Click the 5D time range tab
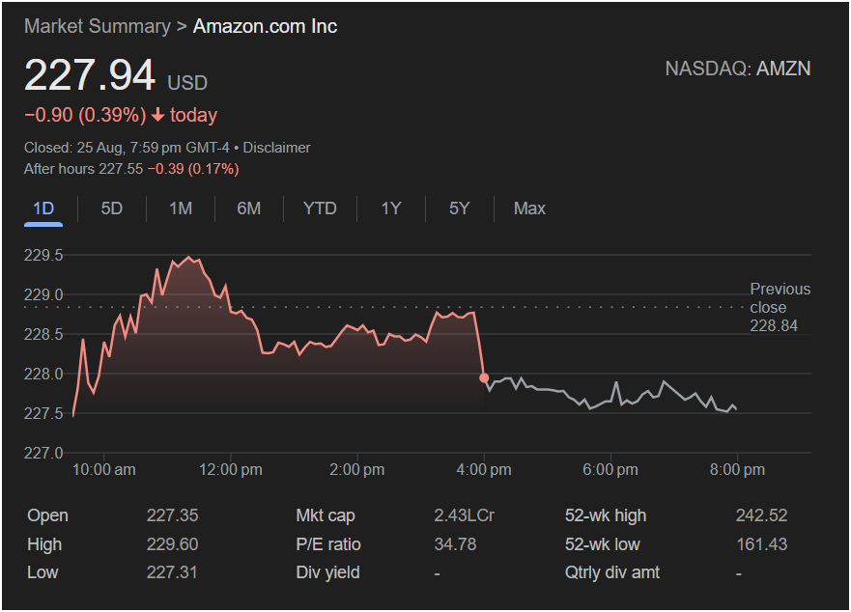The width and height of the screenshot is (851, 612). click(112, 209)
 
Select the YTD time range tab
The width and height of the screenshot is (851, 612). click(320, 209)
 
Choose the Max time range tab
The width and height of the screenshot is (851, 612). click(529, 209)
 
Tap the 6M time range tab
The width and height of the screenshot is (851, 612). click(249, 209)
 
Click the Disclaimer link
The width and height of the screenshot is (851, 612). click(276, 148)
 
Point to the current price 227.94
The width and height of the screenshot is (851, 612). click(90, 76)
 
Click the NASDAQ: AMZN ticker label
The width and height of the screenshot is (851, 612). click(738, 69)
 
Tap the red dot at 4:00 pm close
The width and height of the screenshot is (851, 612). click(484, 377)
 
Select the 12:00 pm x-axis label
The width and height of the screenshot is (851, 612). click(232, 470)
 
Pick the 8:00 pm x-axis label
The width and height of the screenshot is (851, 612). click(738, 470)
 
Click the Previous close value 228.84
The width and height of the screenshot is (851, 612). click(774, 326)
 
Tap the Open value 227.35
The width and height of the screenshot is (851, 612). click(172, 515)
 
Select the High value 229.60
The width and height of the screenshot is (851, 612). click(172, 544)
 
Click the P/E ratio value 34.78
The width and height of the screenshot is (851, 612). click(455, 544)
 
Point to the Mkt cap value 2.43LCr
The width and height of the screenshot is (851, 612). click(464, 515)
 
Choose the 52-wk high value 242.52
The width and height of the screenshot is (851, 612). click(761, 515)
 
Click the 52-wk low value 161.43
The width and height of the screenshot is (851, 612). click(761, 544)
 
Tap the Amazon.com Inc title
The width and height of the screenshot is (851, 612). click(265, 26)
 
